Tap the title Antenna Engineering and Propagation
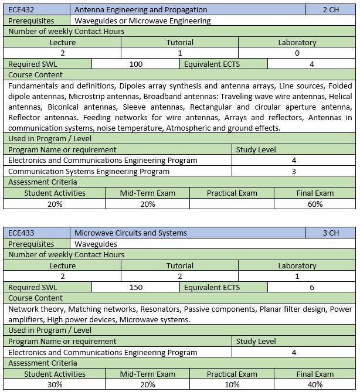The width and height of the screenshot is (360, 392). click(x=141, y=9)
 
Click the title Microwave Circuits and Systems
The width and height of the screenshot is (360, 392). click(x=131, y=233)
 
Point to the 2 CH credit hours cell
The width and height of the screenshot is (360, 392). click(x=331, y=9)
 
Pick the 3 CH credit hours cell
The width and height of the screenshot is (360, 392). click(x=331, y=233)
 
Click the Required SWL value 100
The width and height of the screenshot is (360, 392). click(x=136, y=64)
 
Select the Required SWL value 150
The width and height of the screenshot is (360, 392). click(x=136, y=287)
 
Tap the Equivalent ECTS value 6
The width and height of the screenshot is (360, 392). click(x=311, y=287)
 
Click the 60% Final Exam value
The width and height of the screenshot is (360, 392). click(x=315, y=204)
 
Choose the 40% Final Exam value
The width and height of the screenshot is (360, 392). click(x=315, y=385)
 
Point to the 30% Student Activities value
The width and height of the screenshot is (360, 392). click(x=55, y=385)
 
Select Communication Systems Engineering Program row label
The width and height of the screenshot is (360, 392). click(x=89, y=171)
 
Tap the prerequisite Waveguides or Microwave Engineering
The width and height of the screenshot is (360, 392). click(x=143, y=21)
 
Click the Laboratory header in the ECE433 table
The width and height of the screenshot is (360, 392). click(x=297, y=265)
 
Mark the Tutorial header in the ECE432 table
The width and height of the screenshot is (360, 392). click(x=179, y=42)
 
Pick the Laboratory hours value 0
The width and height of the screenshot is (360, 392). click(x=297, y=53)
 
